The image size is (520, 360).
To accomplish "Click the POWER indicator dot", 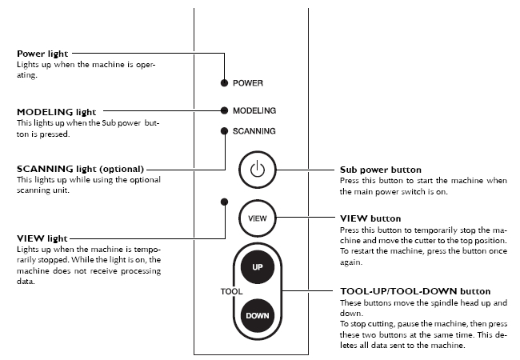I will click(224, 82).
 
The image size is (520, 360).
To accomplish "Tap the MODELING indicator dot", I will click(224, 110).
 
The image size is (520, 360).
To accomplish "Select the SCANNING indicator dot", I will click(224, 130).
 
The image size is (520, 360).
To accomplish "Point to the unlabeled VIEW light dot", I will click(224, 202).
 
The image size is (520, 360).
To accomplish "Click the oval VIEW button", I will click(257, 216).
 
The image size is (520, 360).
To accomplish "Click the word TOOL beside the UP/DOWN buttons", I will click(231, 291).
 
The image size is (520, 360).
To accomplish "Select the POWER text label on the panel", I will click(248, 83).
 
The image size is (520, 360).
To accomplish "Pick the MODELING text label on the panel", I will click(254, 110).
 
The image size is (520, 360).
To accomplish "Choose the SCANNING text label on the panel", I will click(254, 131).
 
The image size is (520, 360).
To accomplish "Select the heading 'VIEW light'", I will click(42, 238).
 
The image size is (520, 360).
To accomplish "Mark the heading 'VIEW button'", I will click(370, 218).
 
